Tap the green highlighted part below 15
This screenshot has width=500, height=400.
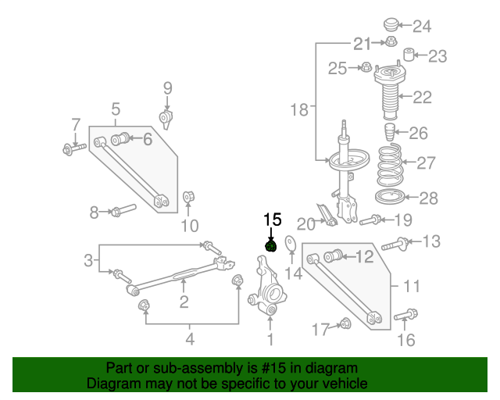(271, 248)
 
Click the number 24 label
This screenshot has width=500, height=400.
(421, 27)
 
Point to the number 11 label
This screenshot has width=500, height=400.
(412, 287)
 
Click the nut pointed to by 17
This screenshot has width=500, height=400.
(345, 323)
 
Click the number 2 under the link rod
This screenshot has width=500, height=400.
(184, 302)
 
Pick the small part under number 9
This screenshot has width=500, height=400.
(166, 119)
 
